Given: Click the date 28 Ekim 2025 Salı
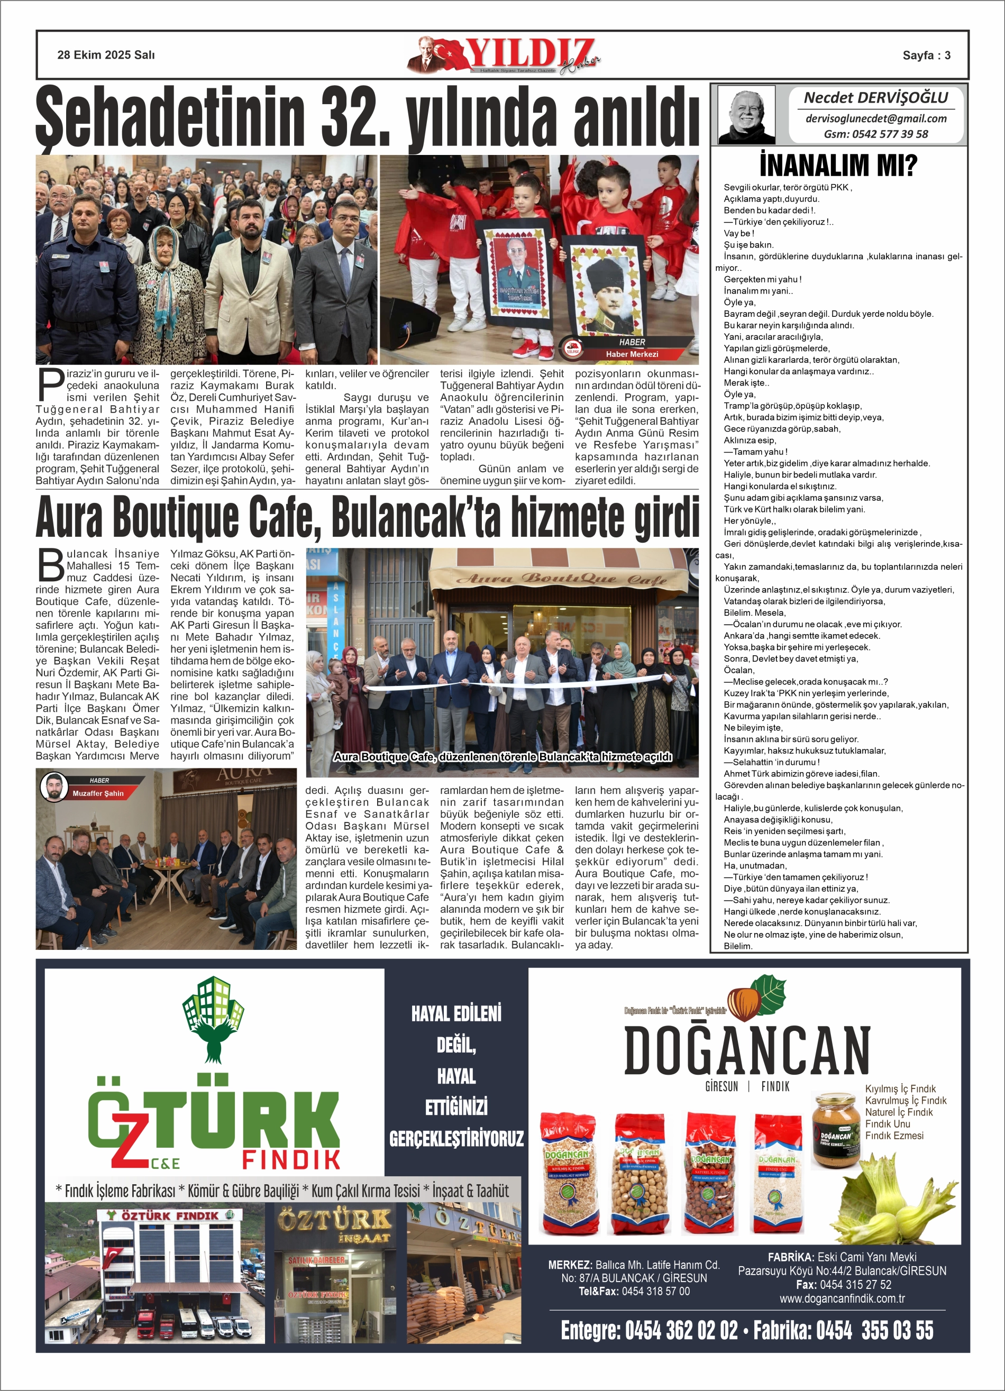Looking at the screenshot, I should tap(106, 55).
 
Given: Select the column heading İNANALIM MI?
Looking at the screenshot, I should tap(838, 166).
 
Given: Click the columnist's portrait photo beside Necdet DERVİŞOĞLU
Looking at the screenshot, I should tap(746, 115).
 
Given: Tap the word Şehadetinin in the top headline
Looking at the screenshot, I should tap(170, 116).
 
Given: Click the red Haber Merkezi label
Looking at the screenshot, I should tap(632, 354).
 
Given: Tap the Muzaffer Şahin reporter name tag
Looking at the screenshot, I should tap(97, 793).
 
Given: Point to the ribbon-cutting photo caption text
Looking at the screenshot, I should tap(502, 757).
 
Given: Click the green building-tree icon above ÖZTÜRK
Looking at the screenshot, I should tap(213, 1020).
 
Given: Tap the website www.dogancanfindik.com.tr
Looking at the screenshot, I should tap(842, 1298).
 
